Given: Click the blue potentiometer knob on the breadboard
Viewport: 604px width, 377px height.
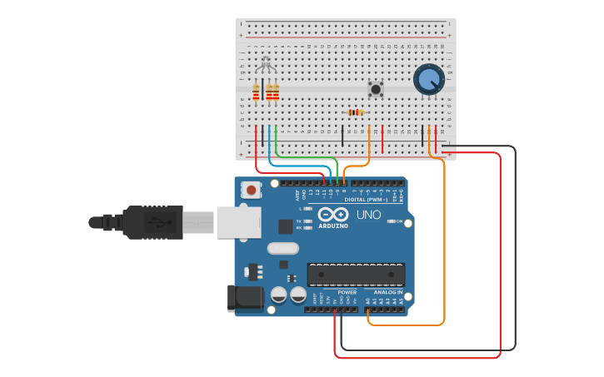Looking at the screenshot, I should point(429,79).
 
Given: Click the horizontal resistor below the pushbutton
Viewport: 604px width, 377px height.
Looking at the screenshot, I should point(356,112).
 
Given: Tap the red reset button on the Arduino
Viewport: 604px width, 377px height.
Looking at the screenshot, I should point(251,190).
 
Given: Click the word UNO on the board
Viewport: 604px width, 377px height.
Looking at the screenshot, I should point(368,215).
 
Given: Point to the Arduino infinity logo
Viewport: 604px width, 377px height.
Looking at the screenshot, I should point(332,214).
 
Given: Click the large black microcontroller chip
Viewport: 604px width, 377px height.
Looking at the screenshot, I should point(356,275).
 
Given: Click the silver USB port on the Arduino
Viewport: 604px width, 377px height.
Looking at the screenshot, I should point(237,223).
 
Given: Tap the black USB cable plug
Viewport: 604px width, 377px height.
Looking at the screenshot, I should point(154,222).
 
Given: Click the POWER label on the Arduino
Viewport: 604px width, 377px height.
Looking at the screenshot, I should point(347,292).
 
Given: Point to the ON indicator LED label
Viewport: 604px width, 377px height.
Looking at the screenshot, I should point(399,221).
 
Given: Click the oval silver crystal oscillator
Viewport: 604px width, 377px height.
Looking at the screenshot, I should point(283,248).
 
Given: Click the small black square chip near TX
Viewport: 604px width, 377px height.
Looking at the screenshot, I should point(286,226).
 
